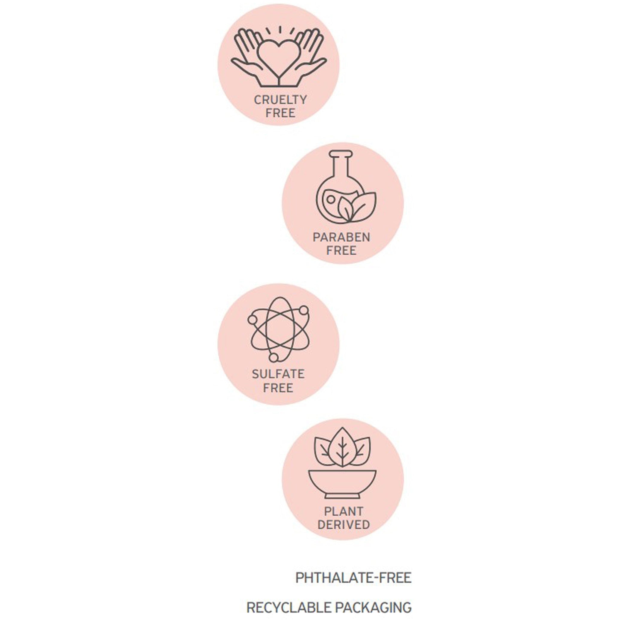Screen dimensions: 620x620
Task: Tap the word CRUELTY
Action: pos(280,100)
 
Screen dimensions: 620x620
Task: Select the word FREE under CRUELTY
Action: pos(280,113)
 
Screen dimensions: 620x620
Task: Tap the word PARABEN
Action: pos(341,237)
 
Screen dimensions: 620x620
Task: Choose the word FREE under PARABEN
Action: pos(341,251)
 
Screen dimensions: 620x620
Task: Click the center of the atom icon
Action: pos(279,329)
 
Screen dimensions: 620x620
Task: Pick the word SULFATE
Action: pos(278,374)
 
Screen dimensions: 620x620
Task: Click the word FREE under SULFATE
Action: pos(278,388)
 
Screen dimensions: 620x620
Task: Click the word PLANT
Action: pos(344,511)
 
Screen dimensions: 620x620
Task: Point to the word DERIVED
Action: pos(344,525)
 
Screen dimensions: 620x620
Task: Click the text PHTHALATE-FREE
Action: pos(353,578)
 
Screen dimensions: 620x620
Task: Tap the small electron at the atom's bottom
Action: pos(273,357)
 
